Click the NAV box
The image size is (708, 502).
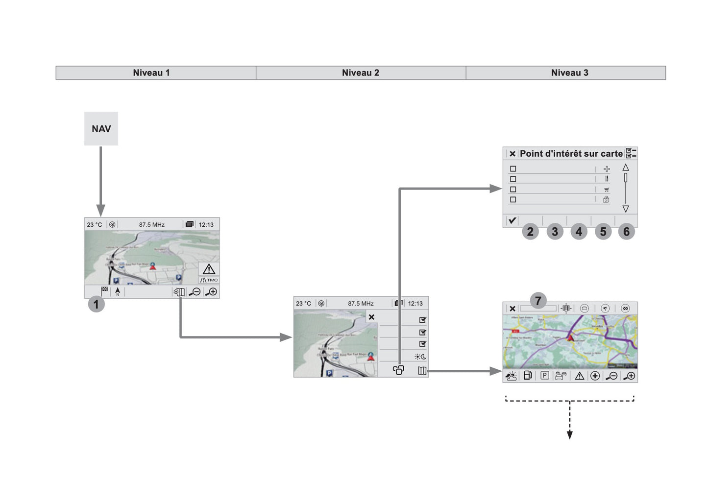coord(101,129)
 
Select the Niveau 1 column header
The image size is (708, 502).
coord(151,73)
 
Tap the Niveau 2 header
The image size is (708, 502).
coord(361,73)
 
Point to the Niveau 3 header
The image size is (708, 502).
coord(569,73)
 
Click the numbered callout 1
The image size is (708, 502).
coord(97,304)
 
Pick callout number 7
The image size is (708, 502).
coord(538,301)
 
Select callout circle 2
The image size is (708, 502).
coord(530,231)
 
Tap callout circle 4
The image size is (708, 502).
coord(579,231)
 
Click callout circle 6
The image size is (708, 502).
coord(626,231)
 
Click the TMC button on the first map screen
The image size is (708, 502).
coord(209,280)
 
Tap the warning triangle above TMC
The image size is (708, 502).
coord(209,269)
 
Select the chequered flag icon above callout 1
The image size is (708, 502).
coord(104,290)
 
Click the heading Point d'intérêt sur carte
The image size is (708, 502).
coord(571,154)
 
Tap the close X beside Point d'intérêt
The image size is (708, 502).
coord(512,154)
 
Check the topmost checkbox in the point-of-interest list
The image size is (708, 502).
coord(513,169)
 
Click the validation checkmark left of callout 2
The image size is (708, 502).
coord(512,220)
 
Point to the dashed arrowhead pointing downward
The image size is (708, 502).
coord(569,435)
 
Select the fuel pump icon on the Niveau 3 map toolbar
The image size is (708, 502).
coord(528,376)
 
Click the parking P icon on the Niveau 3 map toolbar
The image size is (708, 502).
coord(544,376)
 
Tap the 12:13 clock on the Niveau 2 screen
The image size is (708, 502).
coord(415,304)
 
